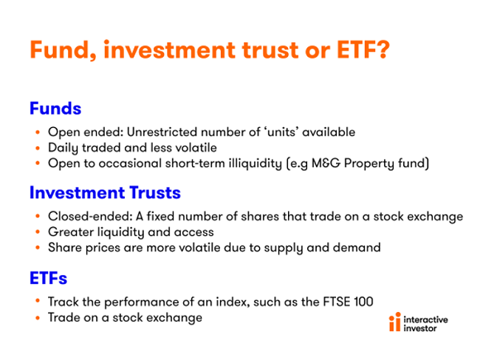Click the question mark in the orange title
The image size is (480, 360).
click(382, 50)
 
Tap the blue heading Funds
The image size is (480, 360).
click(55, 109)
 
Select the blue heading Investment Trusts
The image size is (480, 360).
click(105, 193)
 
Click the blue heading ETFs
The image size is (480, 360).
click(48, 278)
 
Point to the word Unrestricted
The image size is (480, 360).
click(162, 132)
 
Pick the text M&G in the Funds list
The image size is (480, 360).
click(326, 163)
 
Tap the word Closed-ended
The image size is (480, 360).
click(90, 217)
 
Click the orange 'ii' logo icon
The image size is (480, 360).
click(395, 322)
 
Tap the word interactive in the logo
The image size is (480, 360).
click(425, 319)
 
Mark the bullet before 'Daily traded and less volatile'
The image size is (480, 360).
click(38, 148)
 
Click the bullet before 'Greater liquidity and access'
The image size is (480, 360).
click(38, 232)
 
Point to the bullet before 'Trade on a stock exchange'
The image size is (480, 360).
click(38, 318)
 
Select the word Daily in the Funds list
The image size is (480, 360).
click(63, 149)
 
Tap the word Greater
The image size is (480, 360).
click(71, 232)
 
